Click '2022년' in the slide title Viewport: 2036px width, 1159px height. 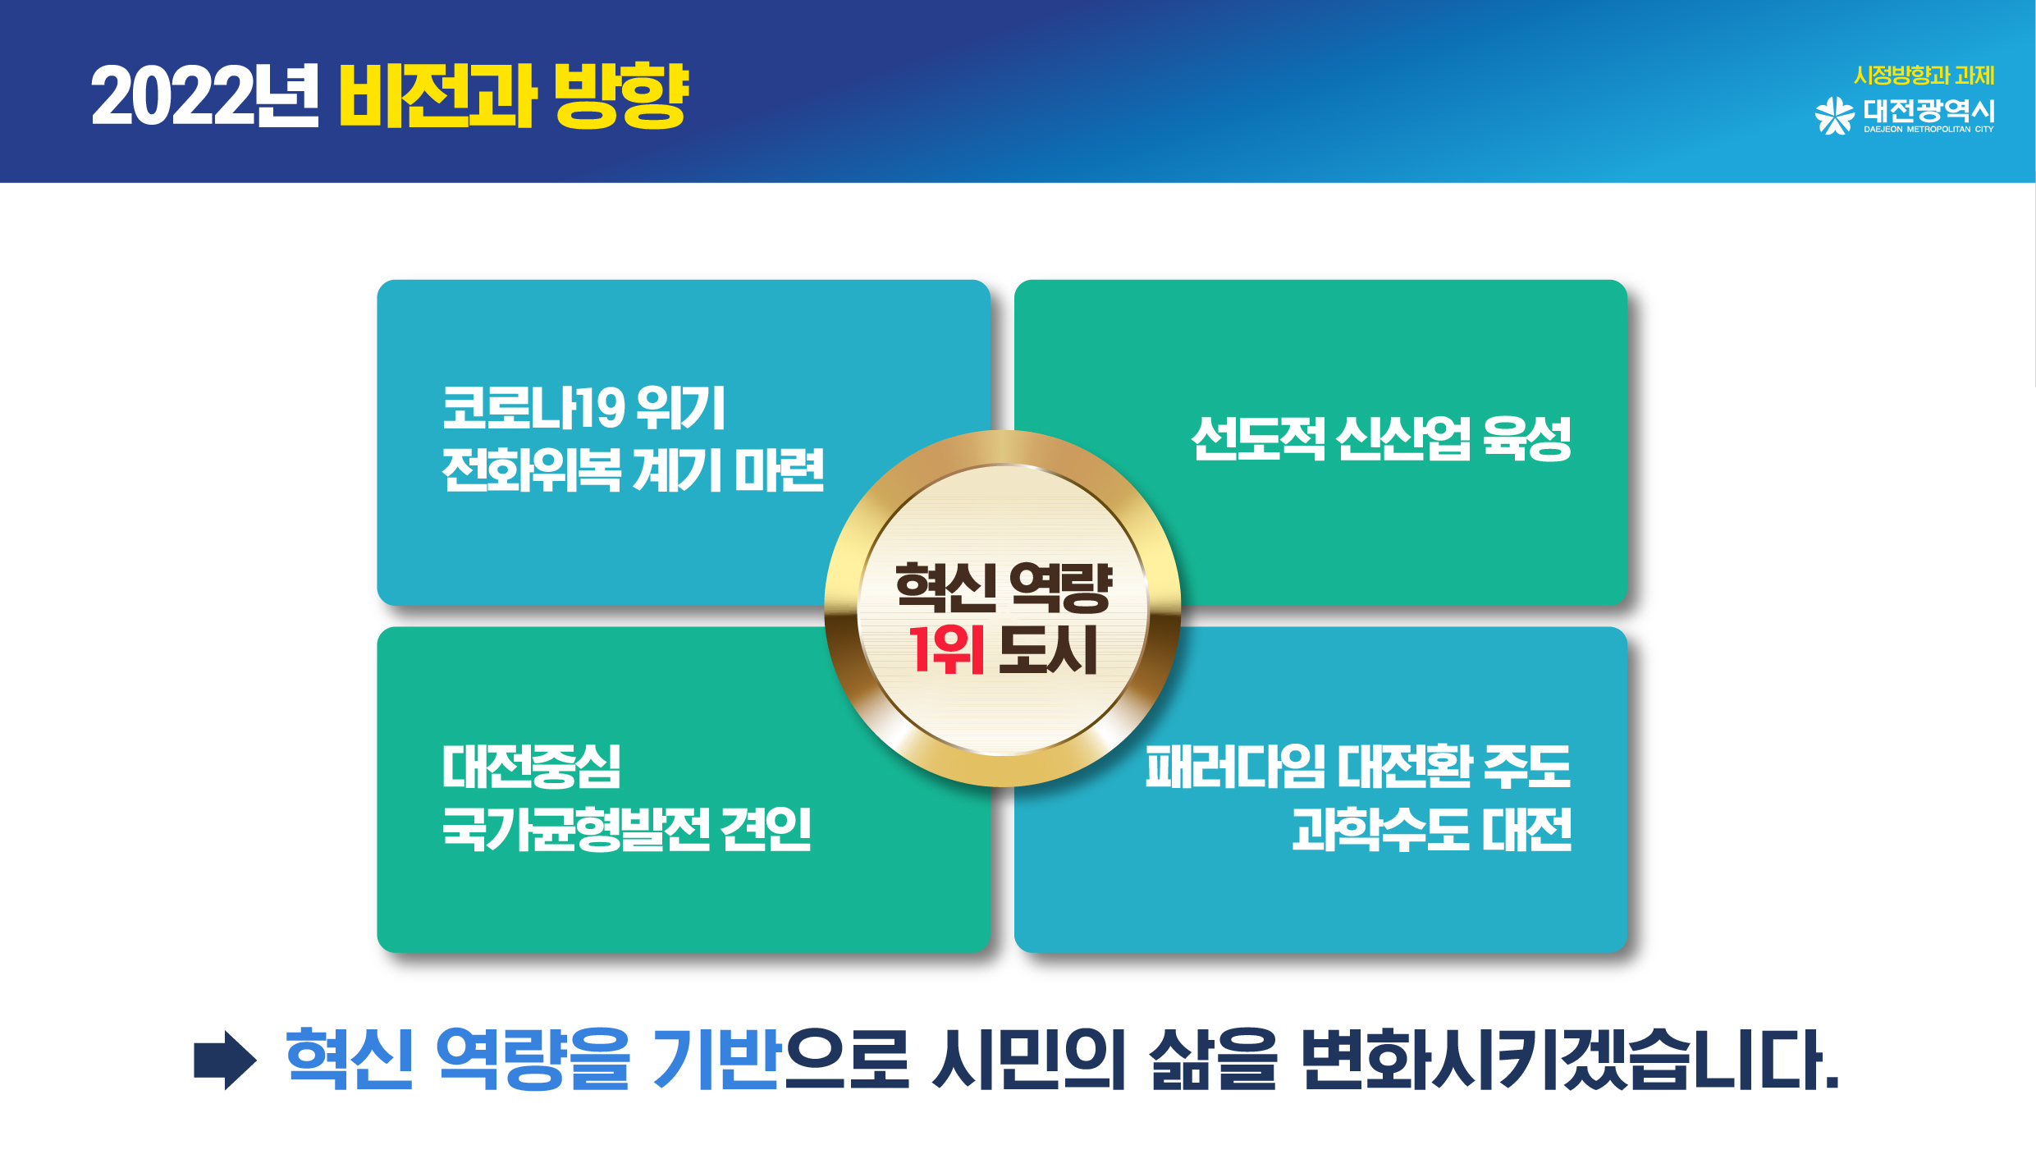[x=204, y=96]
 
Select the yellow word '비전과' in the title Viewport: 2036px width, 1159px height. [x=438, y=96]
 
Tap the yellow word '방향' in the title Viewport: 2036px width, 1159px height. [x=621, y=96]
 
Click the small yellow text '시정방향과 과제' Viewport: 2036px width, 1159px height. [x=1924, y=76]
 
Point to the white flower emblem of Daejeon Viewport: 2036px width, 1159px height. [x=1834, y=116]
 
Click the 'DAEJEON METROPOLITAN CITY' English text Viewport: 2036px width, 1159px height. [x=1928, y=129]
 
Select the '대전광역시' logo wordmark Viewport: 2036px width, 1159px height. [x=1928, y=110]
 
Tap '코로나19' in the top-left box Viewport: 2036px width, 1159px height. [x=533, y=408]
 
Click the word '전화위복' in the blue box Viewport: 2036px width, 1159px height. [x=531, y=470]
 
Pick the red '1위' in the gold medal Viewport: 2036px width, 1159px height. [x=946, y=649]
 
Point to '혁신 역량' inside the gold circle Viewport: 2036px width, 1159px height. [x=1003, y=587]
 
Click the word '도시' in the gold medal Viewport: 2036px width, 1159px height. [x=1048, y=649]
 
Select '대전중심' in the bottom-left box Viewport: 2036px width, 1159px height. [x=531, y=767]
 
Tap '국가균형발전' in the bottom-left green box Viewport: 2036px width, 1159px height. [x=576, y=829]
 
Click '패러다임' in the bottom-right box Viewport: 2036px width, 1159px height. [x=1235, y=767]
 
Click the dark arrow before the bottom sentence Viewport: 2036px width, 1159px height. [x=225, y=1060]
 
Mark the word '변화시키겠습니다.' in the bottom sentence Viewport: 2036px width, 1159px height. [x=1570, y=1060]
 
